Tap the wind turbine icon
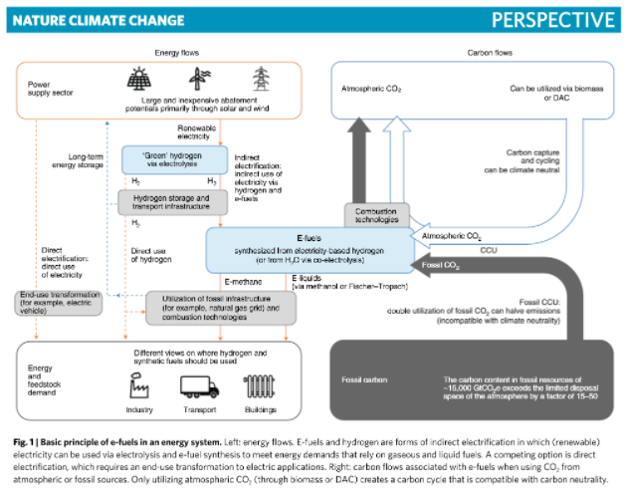200,80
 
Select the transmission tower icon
262,79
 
